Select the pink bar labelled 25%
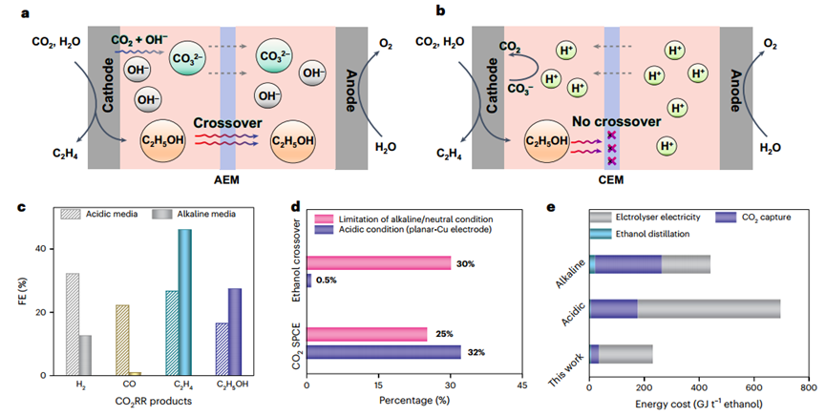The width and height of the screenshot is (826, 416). (367, 335)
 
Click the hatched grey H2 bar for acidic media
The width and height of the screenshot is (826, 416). (73, 324)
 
